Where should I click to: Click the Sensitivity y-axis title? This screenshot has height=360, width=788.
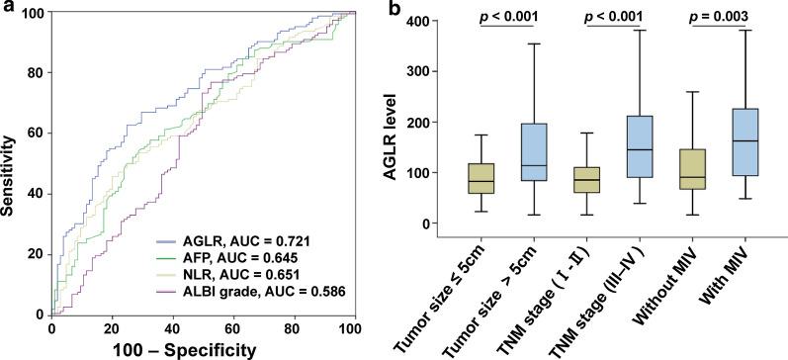(12, 163)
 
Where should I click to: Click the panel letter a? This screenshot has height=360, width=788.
(7, 9)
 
